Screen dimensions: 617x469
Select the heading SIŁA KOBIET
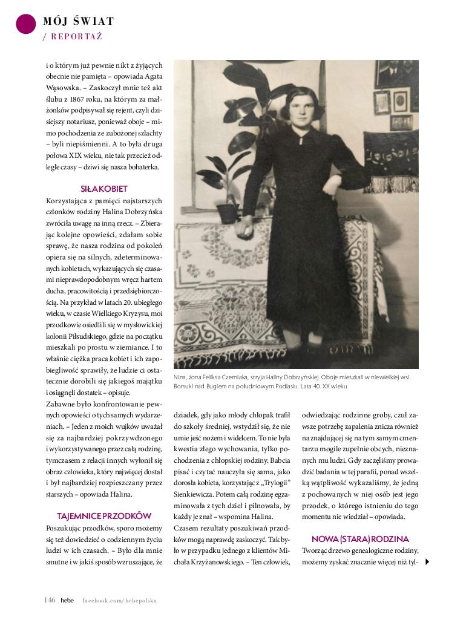click(x=104, y=189)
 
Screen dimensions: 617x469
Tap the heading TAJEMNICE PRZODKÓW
click(x=104, y=516)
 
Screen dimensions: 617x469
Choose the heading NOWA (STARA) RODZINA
click(x=360, y=538)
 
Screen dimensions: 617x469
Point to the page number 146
click(x=50, y=600)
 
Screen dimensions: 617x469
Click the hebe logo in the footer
click(x=67, y=600)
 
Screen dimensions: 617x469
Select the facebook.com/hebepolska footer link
click(x=119, y=601)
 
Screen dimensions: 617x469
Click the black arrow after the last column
click(x=428, y=562)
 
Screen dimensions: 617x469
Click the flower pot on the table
click(x=228, y=212)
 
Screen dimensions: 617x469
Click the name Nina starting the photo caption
click(x=180, y=377)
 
